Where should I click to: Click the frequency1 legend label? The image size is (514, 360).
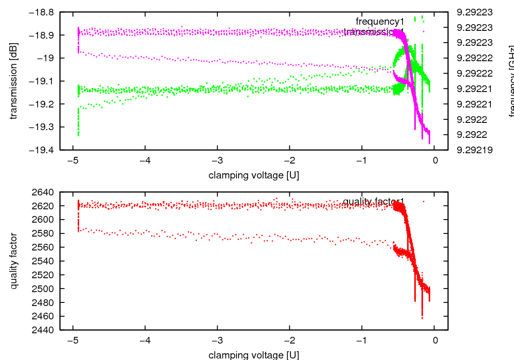point(380,21)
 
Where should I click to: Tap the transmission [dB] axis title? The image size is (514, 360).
point(14,81)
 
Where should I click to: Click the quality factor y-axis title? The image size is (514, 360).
point(14,261)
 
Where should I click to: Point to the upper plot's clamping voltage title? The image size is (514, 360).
point(253,175)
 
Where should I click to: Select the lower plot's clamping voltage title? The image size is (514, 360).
point(253,355)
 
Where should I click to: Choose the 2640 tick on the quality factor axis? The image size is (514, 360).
point(44,192)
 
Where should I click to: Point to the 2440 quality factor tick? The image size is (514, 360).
point(44,330)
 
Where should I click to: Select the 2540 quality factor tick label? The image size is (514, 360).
point(44,261)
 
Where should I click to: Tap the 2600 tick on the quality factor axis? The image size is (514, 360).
point(44,220)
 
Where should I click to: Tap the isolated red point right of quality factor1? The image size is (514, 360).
point(424,201)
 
